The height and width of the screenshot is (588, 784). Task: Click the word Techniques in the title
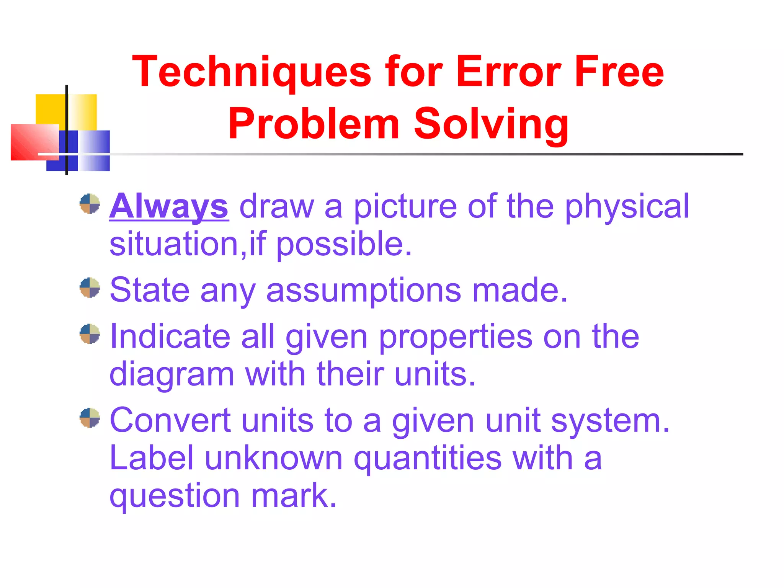coord(252,72)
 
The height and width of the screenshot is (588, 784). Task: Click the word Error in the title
coord(508,72)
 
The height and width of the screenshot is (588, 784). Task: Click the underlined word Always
coord(169,207)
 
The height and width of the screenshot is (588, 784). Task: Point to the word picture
coord(405,207)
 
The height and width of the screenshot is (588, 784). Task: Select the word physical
coord(627,207)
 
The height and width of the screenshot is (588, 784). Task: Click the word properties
coord(456,336)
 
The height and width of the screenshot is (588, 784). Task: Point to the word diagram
coord(171,374)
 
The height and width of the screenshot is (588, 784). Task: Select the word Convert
coord(170,421)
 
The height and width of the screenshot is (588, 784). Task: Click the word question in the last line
coord(175,496)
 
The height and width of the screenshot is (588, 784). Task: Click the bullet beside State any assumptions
coord(90,287)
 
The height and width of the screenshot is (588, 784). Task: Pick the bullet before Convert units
coord(90,418)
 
